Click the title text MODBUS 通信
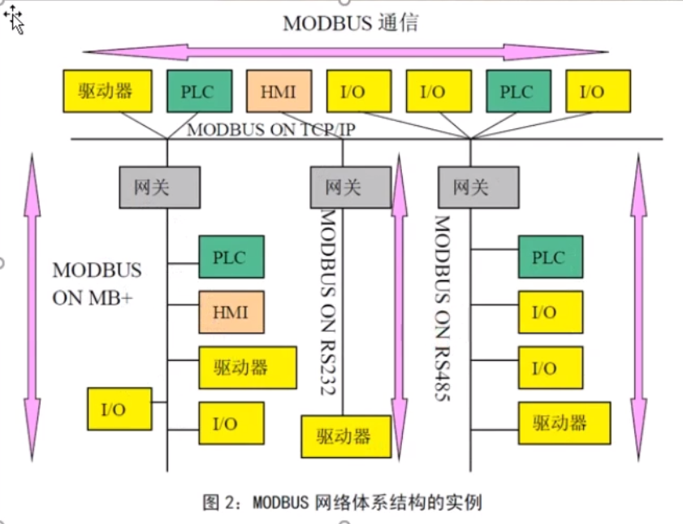pos(350,23)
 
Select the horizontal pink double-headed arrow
pos(345,53)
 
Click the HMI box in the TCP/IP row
pos(279,91)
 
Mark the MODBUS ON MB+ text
pos(97,283)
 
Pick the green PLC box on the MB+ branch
pos(231,257)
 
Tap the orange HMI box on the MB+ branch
pos(231,311)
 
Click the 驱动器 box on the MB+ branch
pos(241,367)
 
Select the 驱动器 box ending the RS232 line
pos(345,436)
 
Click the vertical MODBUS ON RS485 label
pos(442,309)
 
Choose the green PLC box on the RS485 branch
pos(550,257)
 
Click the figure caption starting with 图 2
pos(342,502)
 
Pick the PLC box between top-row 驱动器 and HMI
pos(199,91)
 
